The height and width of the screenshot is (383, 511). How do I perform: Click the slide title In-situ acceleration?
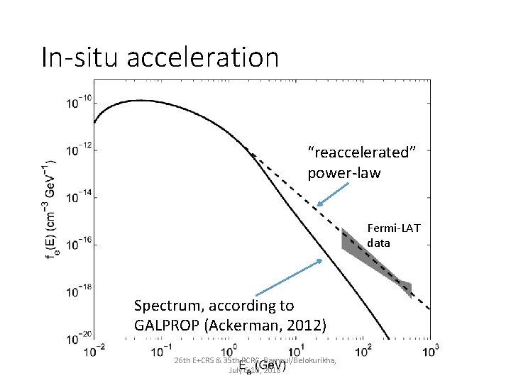[x=160, y=57]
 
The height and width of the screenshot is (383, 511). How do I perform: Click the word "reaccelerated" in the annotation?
[x=360, y=152]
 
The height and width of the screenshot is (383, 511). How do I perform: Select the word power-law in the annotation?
[x=344, y=172]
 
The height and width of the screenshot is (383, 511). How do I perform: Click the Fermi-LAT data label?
[x=393, y=235]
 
